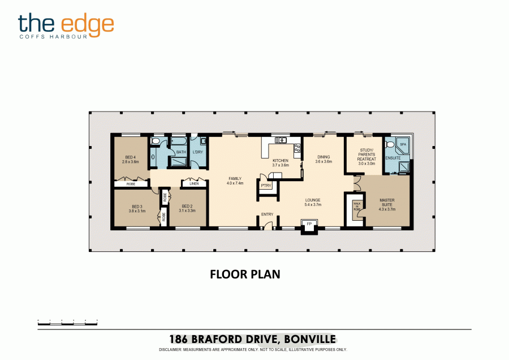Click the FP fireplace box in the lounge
(309, 225)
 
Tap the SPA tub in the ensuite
(403, 145)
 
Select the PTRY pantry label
(265, 185)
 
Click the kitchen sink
(281, 140)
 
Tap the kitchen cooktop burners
(296, 149)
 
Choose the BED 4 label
(130, 157)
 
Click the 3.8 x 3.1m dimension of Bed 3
(137, 211)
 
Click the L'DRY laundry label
(197, 152)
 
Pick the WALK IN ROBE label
(357, 205)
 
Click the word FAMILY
(235, 179)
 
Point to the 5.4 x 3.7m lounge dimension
(313, 205)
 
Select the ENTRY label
(267, 215)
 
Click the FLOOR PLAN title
(245, 275)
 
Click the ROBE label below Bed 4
(131, 184)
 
